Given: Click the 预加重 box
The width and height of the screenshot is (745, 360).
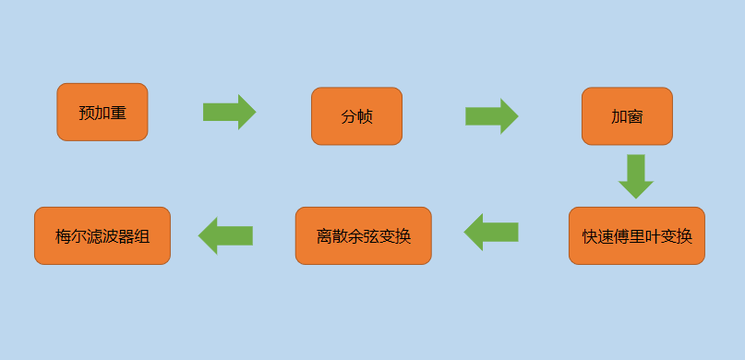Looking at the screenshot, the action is click(102, 112).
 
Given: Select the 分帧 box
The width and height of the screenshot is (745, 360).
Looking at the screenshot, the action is click(356, 116).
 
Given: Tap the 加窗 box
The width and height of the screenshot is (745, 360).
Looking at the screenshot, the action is click(627, 116).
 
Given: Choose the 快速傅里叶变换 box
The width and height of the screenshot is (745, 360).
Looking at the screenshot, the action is click(636, 235).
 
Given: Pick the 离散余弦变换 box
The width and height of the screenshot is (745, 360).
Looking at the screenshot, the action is click(363, 235).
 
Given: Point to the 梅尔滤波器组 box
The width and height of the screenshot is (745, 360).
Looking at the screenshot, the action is click(102, 235).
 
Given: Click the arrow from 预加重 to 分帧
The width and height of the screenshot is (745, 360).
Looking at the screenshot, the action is click(229, 112).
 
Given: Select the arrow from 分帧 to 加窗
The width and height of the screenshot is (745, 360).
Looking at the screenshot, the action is click(491, 116).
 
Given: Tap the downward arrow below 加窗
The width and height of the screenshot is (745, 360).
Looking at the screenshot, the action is click(635, 175).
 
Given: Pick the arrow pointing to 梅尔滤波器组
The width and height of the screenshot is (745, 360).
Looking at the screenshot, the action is click(225, 235).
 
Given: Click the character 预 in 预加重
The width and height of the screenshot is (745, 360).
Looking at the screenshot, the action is click(87, 113).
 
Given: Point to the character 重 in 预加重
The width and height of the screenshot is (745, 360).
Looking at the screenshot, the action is click(118, 113).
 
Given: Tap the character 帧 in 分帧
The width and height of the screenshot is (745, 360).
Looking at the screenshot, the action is click(365, 117).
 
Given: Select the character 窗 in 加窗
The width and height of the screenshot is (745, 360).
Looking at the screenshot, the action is click(635, 117).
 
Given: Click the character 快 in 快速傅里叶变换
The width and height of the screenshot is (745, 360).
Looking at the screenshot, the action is click(590, 236).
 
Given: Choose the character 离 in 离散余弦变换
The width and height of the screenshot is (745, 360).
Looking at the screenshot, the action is click(325, 236).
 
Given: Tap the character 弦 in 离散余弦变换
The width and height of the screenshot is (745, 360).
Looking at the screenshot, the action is click(372, 236).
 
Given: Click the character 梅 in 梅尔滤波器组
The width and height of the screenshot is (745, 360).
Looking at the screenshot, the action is click(64, 236).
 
